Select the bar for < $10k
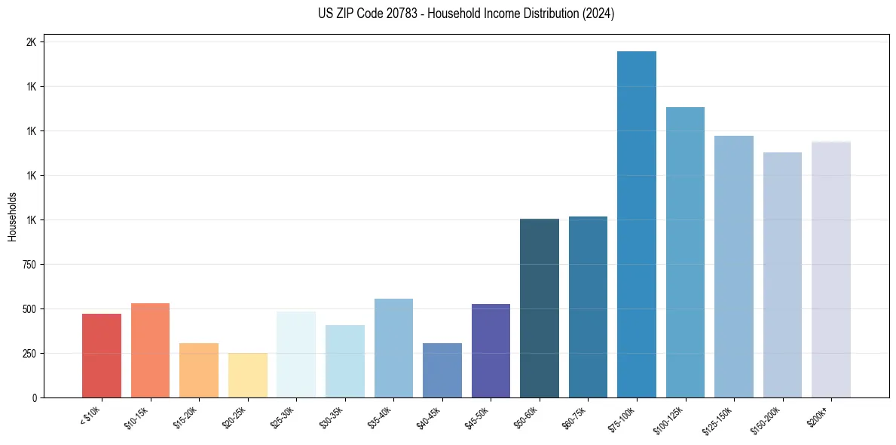click(x=102, y=355)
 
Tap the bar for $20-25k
click(x=248, y=375)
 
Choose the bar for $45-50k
click(x=491, y=351)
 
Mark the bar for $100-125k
click(x=685, y=252)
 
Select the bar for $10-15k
click(x=150, y=350)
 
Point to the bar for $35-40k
click(x=393, y=348)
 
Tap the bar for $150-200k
click(x=782, y=275)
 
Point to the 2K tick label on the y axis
click(x=31, y=42)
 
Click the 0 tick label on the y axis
click(x=35, y=398)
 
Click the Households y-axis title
click(x=12, y=216)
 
